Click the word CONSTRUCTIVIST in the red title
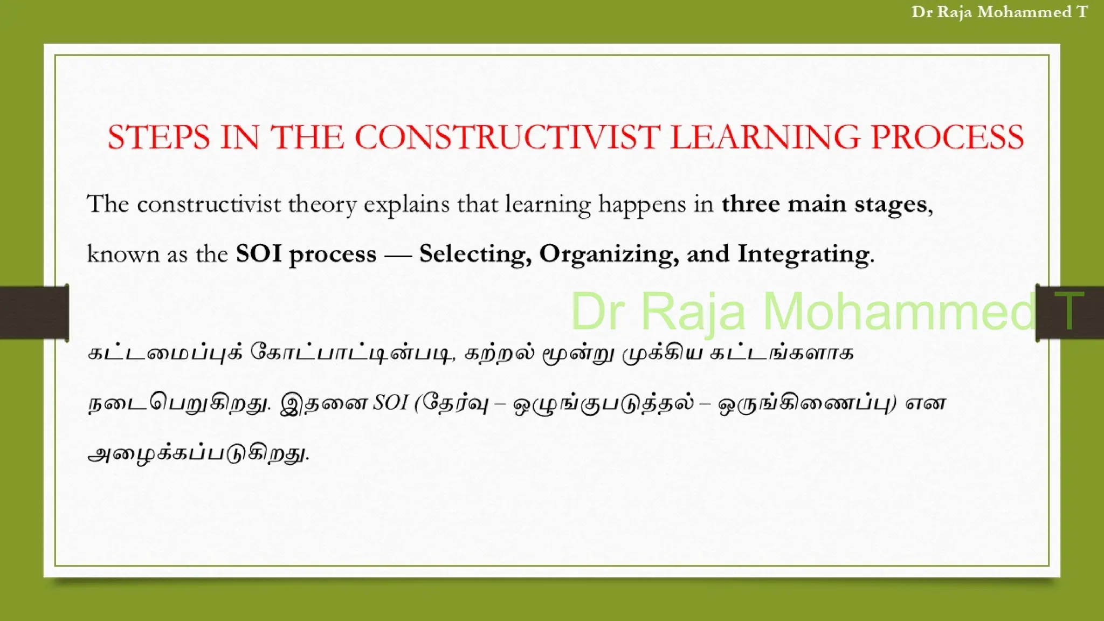click(x=507, y=137)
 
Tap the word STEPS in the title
click(x=158, y=137)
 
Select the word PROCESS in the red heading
click(x=947, y=137)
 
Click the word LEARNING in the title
click(x=765, y=137)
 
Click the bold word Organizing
click(x=609, y=254)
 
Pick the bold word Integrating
click(x=803, y=254)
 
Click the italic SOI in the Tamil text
click(x=390, y=403)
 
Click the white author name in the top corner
click(x=999, y=12)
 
